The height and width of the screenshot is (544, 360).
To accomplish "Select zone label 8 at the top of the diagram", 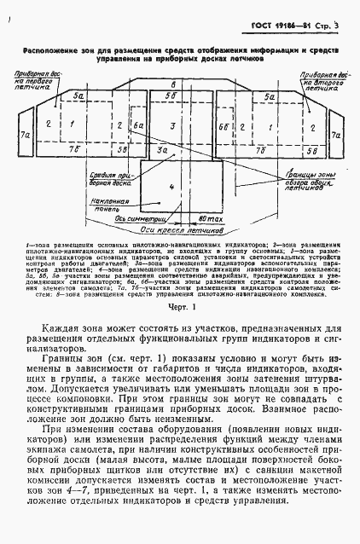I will coord(173,85).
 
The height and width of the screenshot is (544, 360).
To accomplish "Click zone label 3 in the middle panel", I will coord(173,126).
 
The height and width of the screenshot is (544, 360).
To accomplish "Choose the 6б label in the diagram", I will coord(222,126).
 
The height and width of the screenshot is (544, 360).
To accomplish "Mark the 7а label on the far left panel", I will coord(26,135).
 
